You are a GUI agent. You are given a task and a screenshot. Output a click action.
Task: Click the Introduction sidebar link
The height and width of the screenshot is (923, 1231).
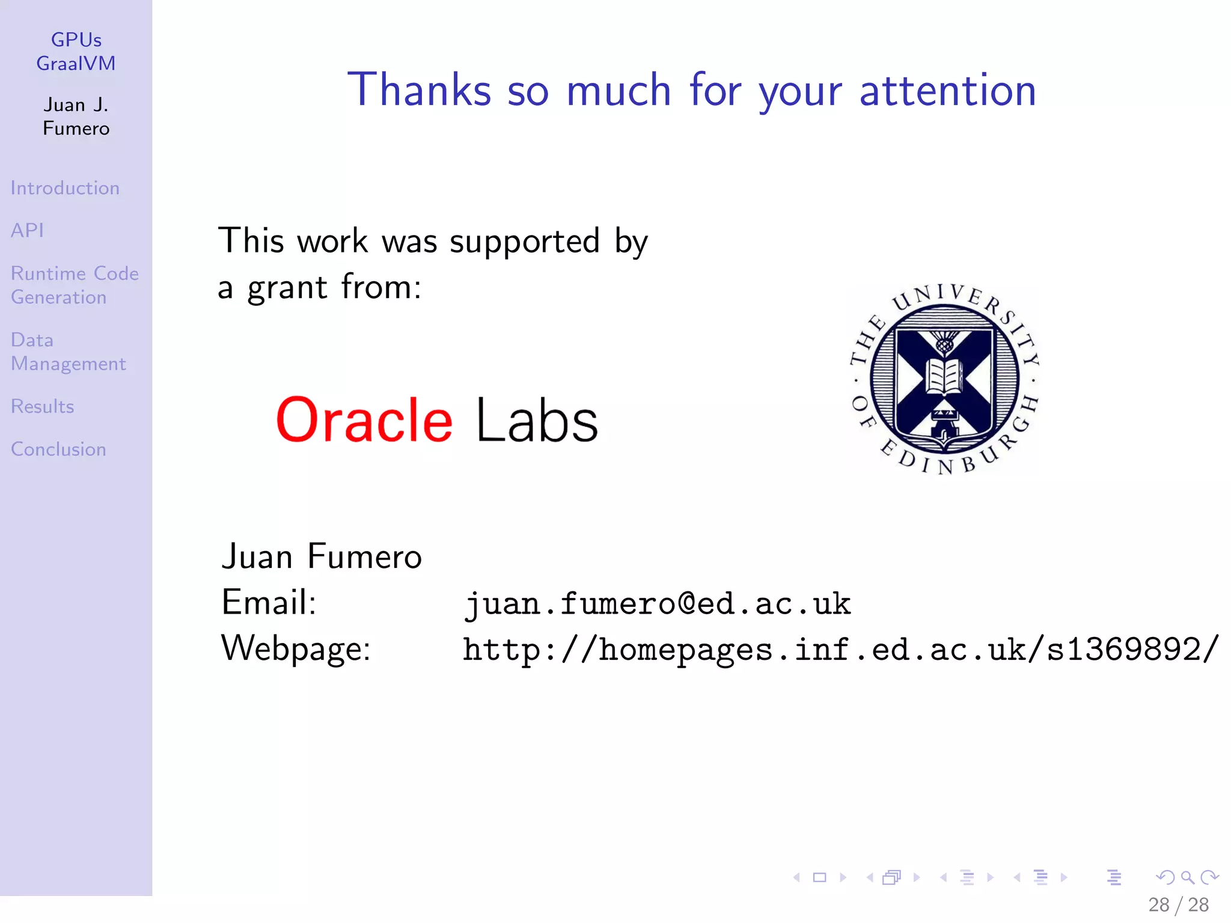65,188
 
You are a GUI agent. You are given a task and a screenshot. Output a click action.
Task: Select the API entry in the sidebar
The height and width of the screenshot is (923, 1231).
27,230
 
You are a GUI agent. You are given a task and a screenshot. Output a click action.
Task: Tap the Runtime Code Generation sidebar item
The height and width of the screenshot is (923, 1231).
75,285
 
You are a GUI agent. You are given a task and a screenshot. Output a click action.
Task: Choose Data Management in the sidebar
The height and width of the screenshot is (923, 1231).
68,352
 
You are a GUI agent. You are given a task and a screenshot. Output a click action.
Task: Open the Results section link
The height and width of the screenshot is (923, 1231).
42,407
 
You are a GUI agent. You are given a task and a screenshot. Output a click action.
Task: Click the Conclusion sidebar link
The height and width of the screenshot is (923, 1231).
58,449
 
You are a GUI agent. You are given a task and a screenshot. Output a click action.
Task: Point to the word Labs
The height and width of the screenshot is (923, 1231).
537,421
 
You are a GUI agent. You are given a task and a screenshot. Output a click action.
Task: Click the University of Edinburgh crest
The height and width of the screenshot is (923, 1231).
944,380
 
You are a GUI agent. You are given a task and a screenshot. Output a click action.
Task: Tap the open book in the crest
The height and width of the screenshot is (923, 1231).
944,376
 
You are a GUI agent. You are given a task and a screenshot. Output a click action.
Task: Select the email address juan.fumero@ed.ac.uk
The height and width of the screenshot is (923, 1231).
658,603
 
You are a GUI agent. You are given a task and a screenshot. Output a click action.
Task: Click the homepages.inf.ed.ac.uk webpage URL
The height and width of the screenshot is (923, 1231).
840,650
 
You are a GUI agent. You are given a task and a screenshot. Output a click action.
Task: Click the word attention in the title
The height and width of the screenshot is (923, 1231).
947,90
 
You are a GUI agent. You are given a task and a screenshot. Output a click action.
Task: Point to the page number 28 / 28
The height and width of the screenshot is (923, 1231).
1178,905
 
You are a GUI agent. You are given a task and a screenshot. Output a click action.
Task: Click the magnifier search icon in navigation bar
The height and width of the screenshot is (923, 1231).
1187,877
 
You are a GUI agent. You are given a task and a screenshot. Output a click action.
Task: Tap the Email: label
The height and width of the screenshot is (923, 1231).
269,602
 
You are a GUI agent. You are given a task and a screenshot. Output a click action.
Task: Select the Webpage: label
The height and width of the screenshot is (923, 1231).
296,649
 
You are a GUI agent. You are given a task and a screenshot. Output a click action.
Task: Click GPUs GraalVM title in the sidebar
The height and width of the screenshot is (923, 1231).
76,52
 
